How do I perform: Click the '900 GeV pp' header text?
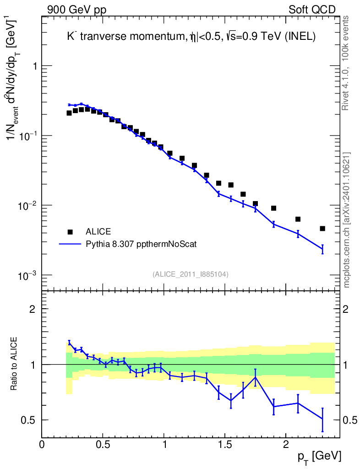coord(76,10)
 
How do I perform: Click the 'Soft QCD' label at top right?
coord(312,10)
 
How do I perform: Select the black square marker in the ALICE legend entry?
coord(70,231)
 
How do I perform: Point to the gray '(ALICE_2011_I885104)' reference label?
coord(191,274)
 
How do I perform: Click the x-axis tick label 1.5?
coord(224,444)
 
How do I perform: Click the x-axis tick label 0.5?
coord(103,444)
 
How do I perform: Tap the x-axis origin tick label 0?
coord(42,444)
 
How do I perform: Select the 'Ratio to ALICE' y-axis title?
coord(14,365)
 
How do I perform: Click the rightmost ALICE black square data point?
coord(322,228)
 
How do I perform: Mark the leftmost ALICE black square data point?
coord(69,113)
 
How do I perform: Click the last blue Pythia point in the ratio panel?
coord(322,419)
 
